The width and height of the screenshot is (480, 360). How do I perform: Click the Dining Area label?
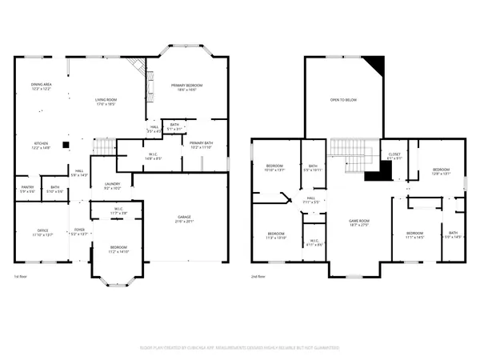(x=41, y=86)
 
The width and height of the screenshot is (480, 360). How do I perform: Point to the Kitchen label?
(x=41, y=146)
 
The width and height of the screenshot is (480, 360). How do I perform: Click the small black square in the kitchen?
(x=68, y=146)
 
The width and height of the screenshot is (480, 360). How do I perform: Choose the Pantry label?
(x=26, y=189)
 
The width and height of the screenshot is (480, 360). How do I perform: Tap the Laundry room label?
(x=111, y=185)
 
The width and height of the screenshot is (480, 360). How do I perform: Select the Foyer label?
(x=78, y=232)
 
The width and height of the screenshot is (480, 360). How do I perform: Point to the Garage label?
(x=185, y=218)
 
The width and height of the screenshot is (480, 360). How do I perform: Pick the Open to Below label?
(x=342, y=100)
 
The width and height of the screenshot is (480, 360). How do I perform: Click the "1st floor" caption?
(x=22, y=276)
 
